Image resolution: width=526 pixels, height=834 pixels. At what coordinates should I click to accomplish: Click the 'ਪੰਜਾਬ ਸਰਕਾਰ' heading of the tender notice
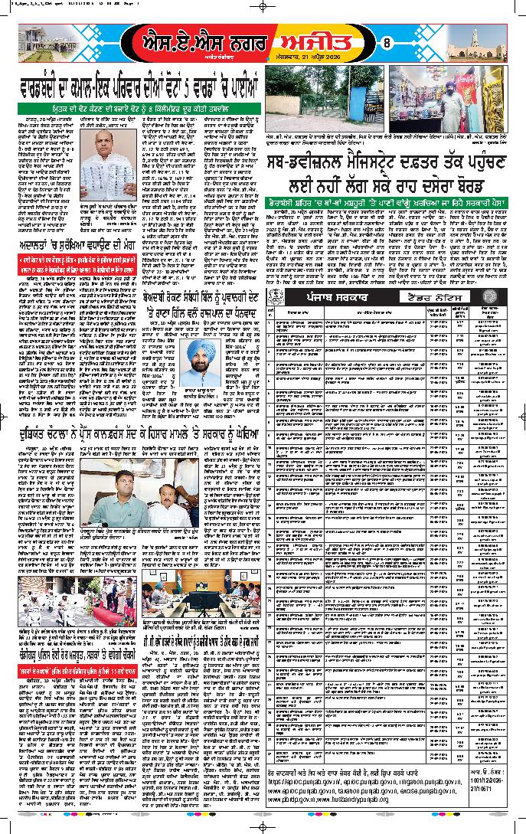coord(337,273)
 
